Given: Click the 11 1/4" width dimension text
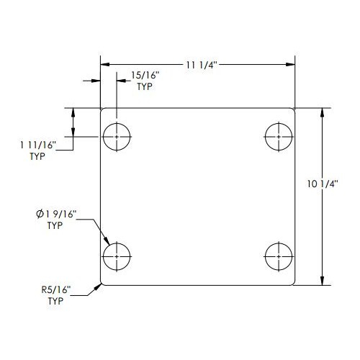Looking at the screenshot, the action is point(202,65).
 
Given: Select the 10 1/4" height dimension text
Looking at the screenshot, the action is point(323,184).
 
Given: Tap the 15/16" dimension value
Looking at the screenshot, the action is point(145,76).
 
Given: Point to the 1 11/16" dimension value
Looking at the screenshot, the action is point(38,145).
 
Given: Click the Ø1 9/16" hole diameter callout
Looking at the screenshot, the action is point(56,214).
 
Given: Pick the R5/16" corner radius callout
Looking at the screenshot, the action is point(56,289).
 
